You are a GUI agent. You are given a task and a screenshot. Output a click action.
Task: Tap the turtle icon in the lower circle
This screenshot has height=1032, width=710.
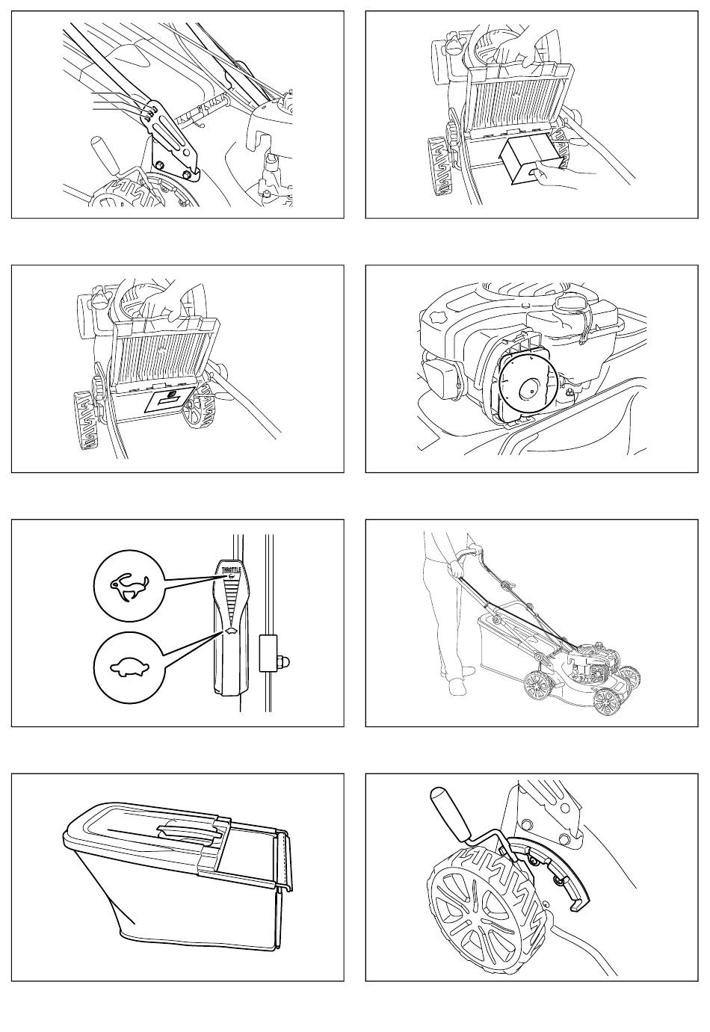tap(130, 668)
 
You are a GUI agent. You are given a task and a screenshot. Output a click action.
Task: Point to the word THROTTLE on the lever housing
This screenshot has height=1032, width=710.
tap(229, 570)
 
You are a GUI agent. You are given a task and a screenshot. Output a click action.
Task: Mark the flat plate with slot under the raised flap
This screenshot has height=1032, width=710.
tap(169, 402)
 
